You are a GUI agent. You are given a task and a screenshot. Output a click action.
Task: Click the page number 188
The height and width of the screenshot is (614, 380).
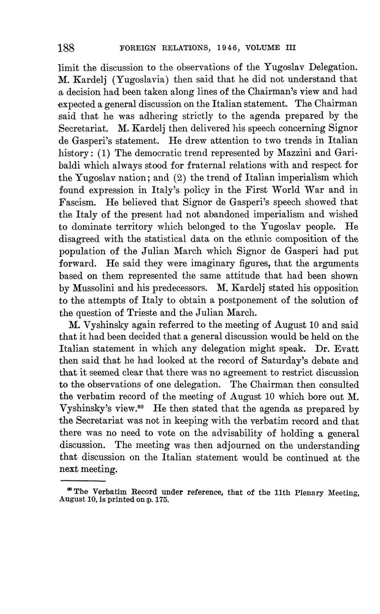pos(66,48)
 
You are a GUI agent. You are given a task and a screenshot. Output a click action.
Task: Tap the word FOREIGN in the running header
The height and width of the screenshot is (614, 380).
pos(135,48)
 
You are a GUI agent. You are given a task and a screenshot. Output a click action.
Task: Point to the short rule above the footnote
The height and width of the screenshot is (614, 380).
pos(82,480)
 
